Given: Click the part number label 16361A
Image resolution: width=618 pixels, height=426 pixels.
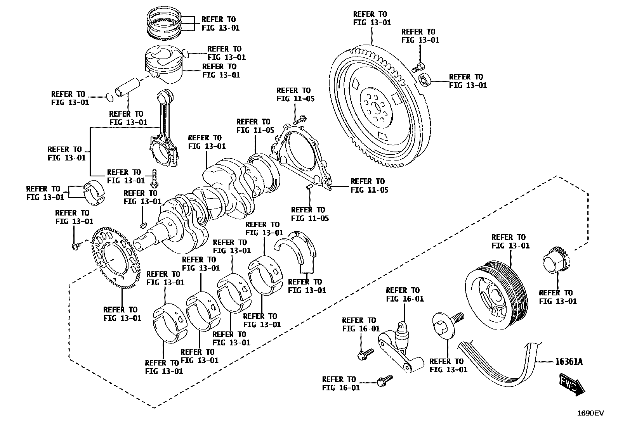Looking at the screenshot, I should coord(569,362).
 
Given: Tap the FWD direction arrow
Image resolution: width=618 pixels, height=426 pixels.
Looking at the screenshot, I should coord(573,384).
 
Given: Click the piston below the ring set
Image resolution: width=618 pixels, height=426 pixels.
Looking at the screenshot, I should coord(163,64).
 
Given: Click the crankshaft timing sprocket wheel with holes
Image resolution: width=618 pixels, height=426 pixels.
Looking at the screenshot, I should coord(115,258).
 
